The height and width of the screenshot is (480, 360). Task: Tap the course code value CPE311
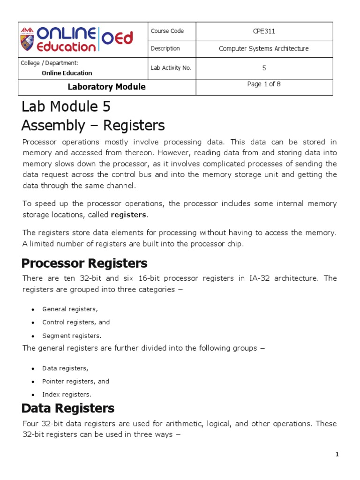(x=264, y=31)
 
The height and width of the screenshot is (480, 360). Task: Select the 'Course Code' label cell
(x=167, y=31)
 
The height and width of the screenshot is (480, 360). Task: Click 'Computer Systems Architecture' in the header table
(x=264, y=49)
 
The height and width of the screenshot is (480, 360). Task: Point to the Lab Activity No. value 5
(x=264, y=68)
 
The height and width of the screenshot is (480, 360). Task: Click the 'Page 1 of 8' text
(x=264, y=84)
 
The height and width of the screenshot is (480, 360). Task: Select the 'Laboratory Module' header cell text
(x=106, y=87)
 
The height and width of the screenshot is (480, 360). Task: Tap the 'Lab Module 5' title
(x=66, y=107)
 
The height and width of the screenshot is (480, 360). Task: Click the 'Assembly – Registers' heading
(x=93, y=126)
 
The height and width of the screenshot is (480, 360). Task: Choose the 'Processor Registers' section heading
(x=85, y=263)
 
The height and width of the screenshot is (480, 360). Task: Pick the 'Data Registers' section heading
(x=68, y=408)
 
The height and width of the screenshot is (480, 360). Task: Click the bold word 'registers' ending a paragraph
(x=129, y=215)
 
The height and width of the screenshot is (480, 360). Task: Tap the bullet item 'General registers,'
(x=70, y=309)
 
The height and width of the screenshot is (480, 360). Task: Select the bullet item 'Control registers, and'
(x=76, y=322)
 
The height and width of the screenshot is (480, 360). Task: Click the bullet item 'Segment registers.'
(x=72, y=336)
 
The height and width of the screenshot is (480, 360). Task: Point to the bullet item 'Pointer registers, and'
(x=75, y=382)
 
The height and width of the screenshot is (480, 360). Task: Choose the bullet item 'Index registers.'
(x=67, y=395)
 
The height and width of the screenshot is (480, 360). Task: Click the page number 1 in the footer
(x=337, y=454)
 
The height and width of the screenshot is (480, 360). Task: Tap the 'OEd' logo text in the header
(x=117, y=37)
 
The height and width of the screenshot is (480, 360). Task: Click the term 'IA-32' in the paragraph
(x=255, y=278)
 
